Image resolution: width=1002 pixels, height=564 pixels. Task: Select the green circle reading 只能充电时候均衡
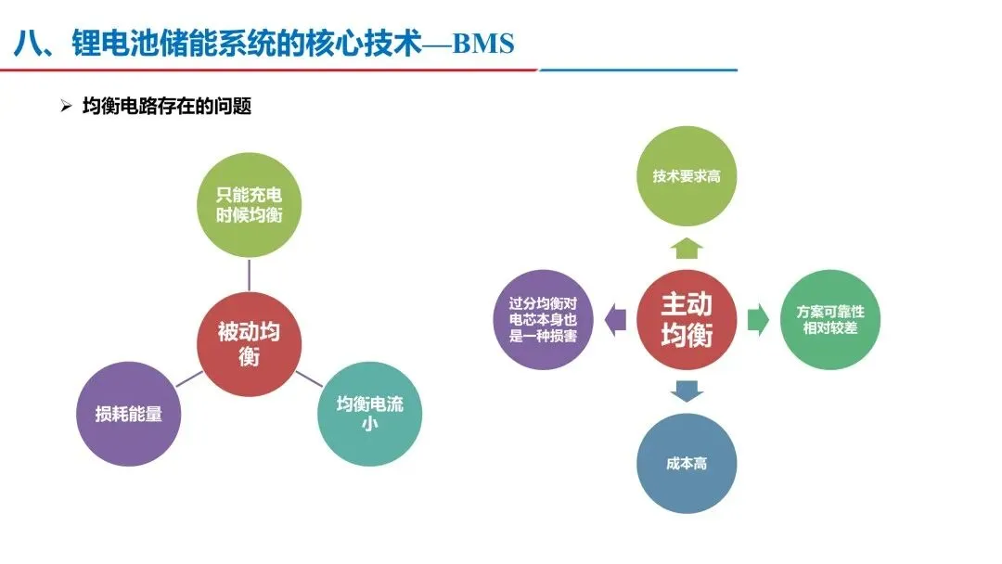249,205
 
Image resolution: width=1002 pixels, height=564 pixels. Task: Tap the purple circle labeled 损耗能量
127,415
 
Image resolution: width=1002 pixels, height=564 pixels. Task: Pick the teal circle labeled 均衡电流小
369,414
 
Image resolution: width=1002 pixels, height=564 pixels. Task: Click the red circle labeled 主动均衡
687,319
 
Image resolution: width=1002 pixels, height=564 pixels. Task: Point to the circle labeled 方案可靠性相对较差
829,320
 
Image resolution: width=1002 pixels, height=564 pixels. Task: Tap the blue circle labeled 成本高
687,463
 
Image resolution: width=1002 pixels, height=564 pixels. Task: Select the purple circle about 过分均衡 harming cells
544,320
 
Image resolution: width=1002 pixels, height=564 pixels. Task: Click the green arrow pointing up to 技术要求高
687,247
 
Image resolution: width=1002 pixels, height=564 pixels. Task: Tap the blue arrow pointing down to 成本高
687,391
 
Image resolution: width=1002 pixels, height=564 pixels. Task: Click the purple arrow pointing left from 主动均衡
614,320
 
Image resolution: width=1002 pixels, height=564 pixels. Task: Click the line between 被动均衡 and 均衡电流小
309,378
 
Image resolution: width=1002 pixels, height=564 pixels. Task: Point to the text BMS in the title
482,44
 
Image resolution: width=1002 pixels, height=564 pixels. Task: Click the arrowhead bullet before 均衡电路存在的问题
66,107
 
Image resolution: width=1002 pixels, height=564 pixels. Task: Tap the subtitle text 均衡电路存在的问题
167,107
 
